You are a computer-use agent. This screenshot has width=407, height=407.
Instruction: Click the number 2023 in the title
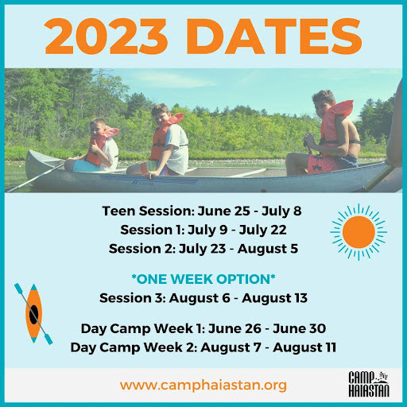[107, 36]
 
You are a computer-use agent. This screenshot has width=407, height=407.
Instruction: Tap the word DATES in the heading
[274, 36]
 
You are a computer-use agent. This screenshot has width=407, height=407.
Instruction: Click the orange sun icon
[359, 232]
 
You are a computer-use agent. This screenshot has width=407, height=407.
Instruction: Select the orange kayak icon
[33, 314]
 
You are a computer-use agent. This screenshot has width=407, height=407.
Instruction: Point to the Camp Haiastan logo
[369, 384]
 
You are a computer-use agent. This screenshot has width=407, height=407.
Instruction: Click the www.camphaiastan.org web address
[203, 385]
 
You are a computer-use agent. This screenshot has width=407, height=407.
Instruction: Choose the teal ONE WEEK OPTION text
[203, 279]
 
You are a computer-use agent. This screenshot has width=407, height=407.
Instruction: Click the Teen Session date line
[202, 211]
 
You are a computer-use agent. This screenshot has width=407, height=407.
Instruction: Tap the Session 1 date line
[203, 230]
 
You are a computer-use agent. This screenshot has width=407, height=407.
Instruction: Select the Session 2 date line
[203, 249]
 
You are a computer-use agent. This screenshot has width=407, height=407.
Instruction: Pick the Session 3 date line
[203, 298]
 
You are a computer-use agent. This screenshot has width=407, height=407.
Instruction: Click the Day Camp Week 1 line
[203, 328]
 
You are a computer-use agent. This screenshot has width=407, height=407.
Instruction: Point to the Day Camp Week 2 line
[203, 347]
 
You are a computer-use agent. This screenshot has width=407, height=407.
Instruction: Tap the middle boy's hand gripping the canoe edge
[151, 175]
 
